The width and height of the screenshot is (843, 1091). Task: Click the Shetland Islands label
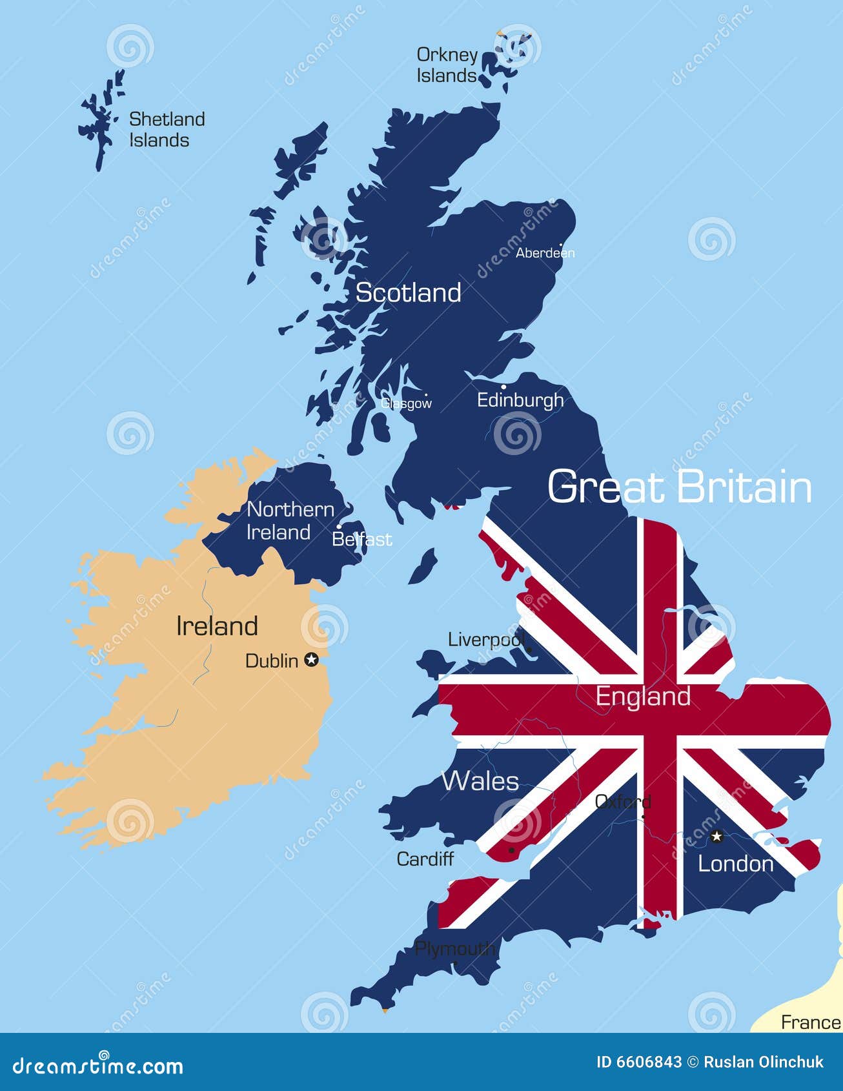point(167,130)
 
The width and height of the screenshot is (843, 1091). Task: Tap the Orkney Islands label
point(447,65)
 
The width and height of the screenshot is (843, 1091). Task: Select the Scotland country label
point(408,293)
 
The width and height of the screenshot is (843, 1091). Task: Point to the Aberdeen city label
point(545,253)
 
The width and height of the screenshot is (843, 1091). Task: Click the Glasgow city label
point(406,403)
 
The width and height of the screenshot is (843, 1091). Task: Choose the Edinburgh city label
point(520,400)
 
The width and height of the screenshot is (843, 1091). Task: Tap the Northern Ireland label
point(290,521)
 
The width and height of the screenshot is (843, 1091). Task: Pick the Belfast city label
point(361,539)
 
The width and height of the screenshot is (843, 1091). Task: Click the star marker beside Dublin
point(312,659)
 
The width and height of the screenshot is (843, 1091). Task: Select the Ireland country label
point(217,626)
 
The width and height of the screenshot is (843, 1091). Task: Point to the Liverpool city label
point(485,640)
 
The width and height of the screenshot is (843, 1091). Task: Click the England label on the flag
point(643,696)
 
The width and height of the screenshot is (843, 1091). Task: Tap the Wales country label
point(480,781)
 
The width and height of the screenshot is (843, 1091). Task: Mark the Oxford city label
point(622,802)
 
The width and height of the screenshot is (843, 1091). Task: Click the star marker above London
point(716,837)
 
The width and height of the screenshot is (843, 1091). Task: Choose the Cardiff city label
point(425,859)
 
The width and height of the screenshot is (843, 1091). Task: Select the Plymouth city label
point(454,948)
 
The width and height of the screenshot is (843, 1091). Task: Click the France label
point(810,1023)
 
